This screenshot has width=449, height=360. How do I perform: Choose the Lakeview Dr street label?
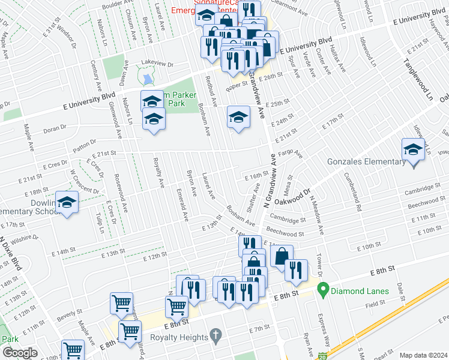coord(157,64)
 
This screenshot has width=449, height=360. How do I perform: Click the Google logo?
coord(19,353)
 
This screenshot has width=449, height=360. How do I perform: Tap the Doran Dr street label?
coord(54,128)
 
